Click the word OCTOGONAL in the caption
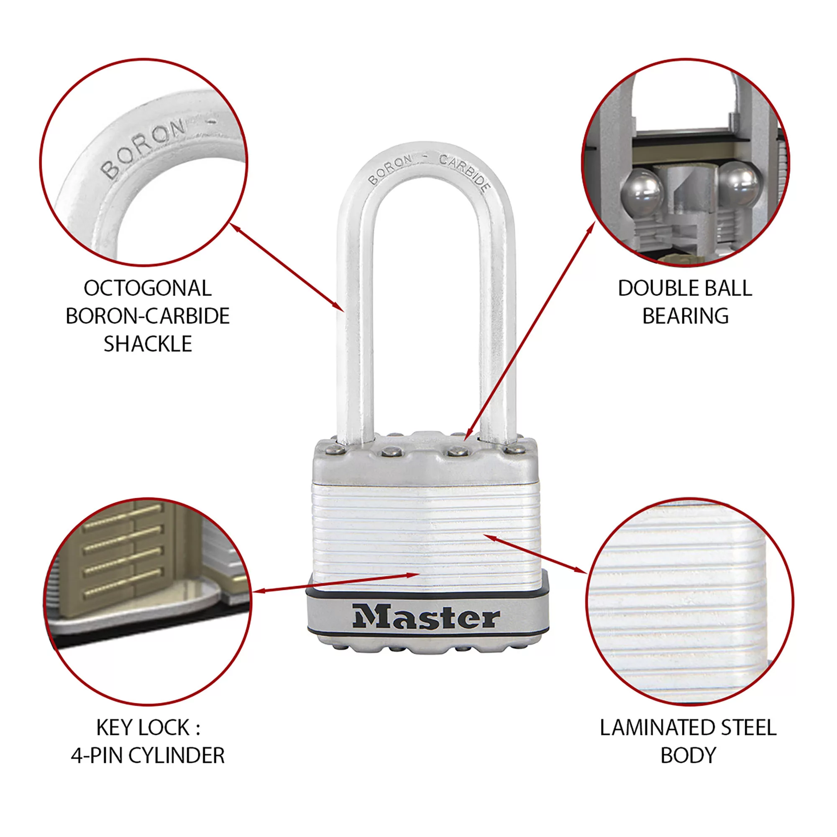147,289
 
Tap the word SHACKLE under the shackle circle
147,344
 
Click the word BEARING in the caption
685,316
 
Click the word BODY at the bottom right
689,755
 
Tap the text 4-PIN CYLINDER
147,755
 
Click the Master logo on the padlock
426,617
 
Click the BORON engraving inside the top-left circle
143,148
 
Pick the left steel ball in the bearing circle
642,192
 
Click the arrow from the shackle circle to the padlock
287,267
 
